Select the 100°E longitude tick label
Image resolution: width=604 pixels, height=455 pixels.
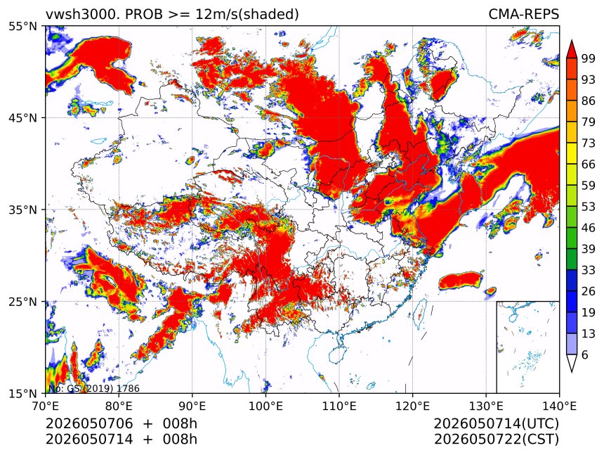coord(265,406)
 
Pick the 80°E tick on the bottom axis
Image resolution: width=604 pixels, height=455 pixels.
coord(119,406)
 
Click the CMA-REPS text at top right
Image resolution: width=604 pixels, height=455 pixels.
coord(523,14)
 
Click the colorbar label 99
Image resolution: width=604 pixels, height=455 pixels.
coord(589,58)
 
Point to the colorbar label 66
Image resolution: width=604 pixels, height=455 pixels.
coord(589,165)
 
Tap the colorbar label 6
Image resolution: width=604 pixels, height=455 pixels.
coord(585,354)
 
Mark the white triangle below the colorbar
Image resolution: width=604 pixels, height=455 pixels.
coord(572,361)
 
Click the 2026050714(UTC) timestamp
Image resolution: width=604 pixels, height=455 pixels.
coord(497,424)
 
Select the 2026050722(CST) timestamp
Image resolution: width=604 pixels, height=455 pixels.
coord(497,440)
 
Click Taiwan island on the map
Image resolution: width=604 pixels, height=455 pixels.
coord(419,314)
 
